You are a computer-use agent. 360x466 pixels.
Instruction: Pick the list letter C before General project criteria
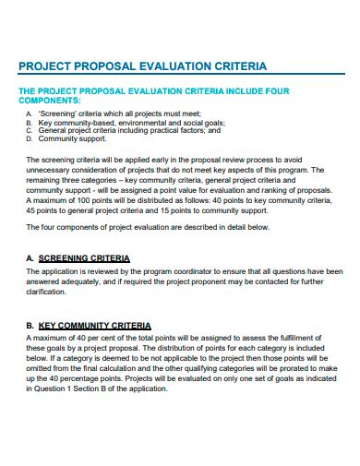click(29, 130)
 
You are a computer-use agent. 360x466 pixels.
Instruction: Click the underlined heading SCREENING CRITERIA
click(84, 258)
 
